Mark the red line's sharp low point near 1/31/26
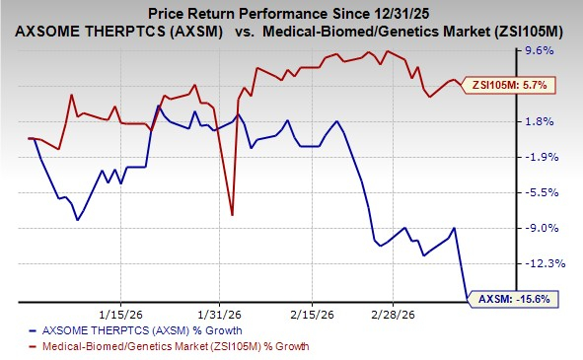(x=232, y=214)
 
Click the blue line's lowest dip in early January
(x=77, y=219)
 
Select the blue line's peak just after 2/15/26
(x=338, y=121)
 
